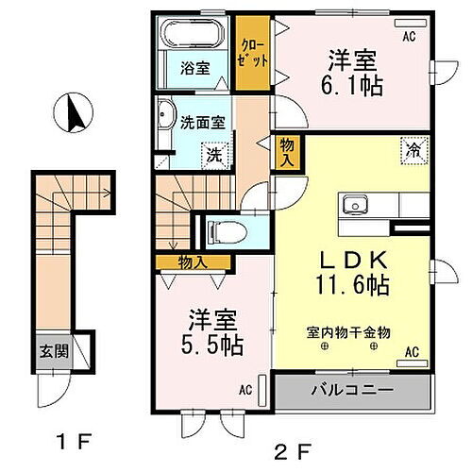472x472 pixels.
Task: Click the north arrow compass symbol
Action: (71, 114)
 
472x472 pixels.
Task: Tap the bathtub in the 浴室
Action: (194, 36)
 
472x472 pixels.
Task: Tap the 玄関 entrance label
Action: (53, 352)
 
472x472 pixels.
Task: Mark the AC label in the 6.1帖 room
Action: (410, 37)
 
